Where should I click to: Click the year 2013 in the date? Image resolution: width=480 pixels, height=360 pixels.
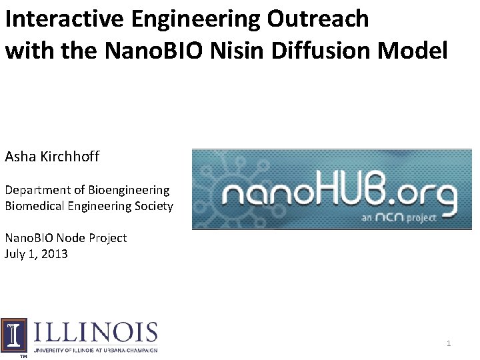tap(54, 254)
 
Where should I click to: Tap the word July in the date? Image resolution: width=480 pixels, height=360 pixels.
tap(15, 254)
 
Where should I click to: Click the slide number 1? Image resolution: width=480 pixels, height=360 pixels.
tap(449, 343)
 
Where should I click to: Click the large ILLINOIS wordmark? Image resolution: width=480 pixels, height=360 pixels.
tap(95, 333)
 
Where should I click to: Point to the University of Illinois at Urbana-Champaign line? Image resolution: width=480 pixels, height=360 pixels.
tap(95, 350)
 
